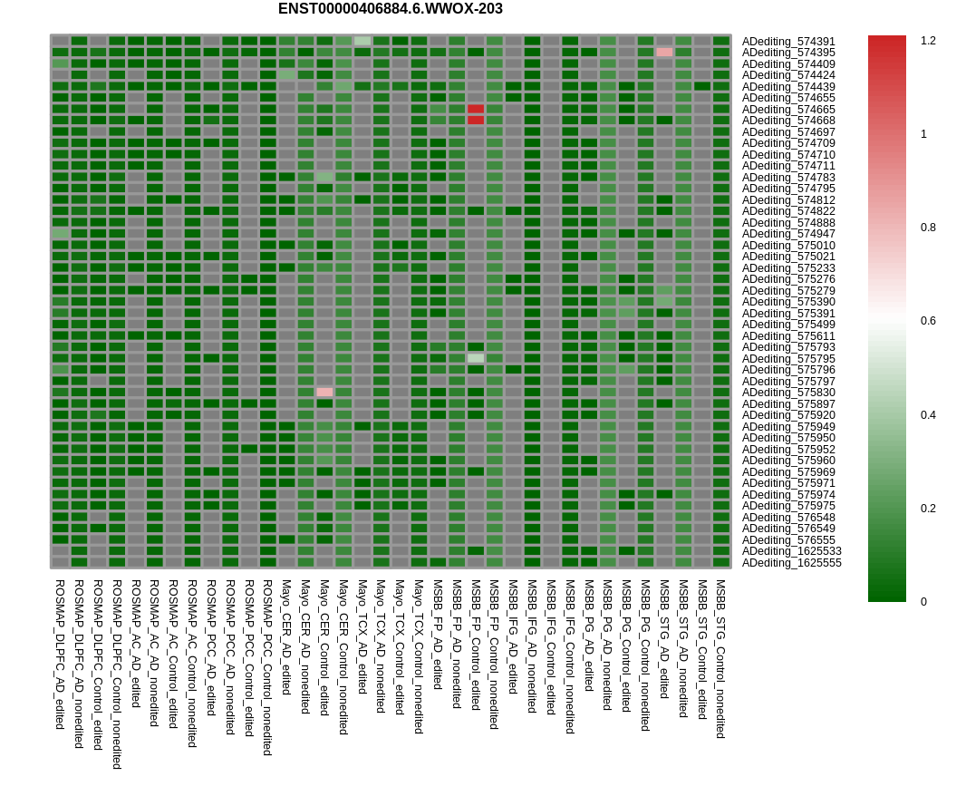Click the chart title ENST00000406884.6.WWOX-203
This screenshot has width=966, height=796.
point(390,9)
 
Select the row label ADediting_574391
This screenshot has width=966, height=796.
point(788,42)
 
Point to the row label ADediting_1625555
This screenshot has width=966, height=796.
point(791,563)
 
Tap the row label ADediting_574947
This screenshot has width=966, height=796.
point(788,234)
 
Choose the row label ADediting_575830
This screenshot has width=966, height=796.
point(788,393)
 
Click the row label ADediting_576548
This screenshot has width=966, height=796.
point(788,518)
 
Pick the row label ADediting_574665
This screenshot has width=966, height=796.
point(788,110)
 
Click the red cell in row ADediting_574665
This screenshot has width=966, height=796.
point(476,109)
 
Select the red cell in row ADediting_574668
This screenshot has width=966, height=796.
point(476,120)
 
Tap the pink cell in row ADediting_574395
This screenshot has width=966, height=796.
point(664,53)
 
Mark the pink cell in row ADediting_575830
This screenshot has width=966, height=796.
point(324,393)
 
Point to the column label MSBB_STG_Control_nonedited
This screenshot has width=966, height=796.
point(720,659)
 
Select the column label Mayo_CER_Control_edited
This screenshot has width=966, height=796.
point(324,648)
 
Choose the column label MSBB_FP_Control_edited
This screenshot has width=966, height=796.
point(476,645)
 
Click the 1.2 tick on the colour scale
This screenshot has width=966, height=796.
point(928,41)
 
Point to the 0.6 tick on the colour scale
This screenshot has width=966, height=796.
point(928,321)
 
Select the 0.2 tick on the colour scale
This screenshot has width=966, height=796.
point(928,509)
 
